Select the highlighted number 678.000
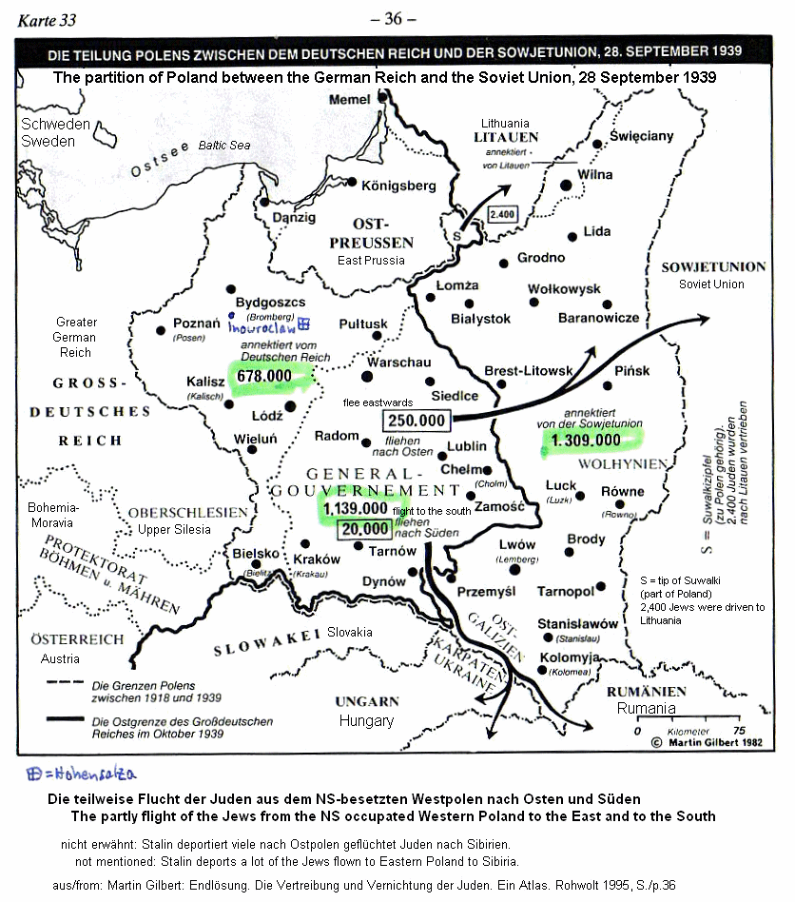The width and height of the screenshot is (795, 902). (264, 376)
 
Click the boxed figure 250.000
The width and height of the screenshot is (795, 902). (416, 420)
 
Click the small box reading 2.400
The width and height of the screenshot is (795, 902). (501, 214)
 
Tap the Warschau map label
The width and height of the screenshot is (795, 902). (398, 363)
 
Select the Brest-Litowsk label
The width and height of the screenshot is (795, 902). (528, 370)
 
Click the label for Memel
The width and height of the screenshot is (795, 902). (349, 100)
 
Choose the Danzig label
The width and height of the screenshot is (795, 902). (294, 217)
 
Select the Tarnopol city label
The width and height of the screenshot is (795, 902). (566, 591)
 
